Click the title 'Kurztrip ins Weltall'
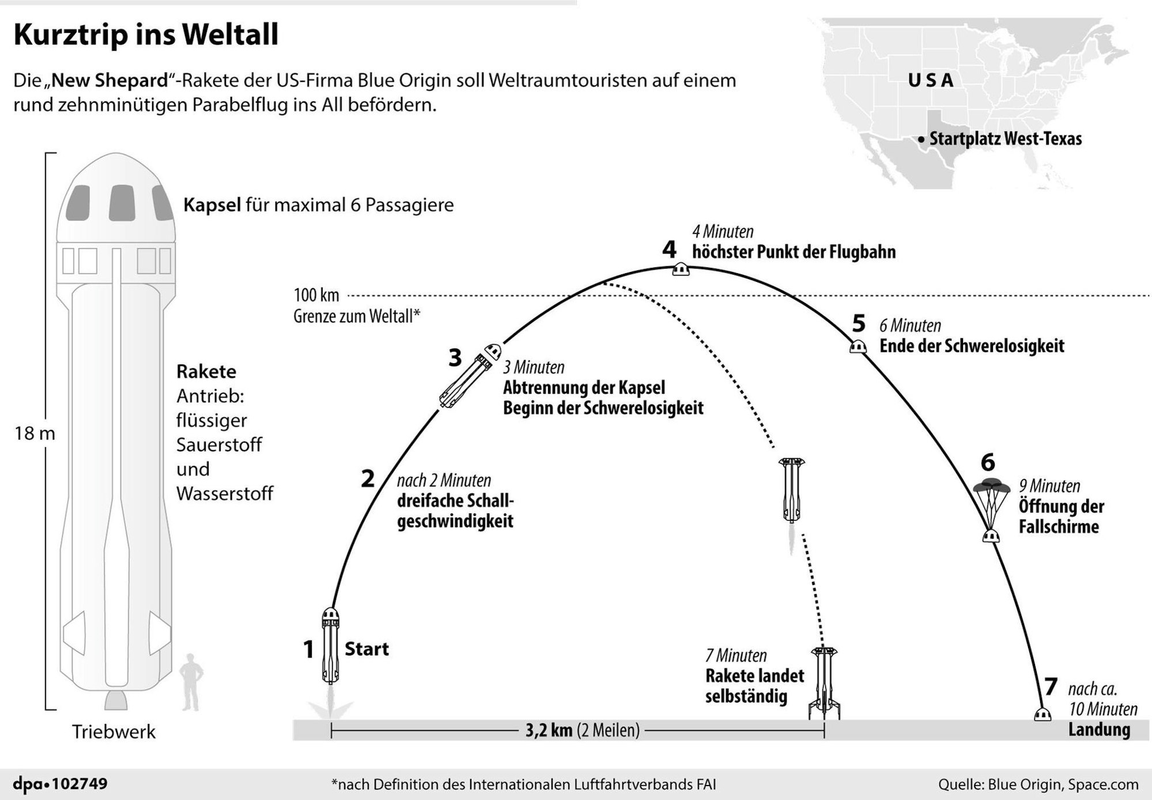click(146, 35)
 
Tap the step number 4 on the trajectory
click(668, 250)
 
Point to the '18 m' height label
click(35, 433)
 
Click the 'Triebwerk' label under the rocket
click(114, 731)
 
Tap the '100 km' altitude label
click(316, 295)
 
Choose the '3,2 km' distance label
click(548, 730)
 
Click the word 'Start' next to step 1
click(367, 649)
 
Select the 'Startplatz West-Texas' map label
click(1005, 139)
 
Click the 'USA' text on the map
click(931, 81)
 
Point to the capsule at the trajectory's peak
click(681, 269)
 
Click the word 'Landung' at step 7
click(1099, 729)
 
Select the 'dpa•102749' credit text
click(60, 784)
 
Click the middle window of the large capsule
click(122, 202)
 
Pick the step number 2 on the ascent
click(368, 478)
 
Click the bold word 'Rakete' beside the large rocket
click(206, 371)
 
